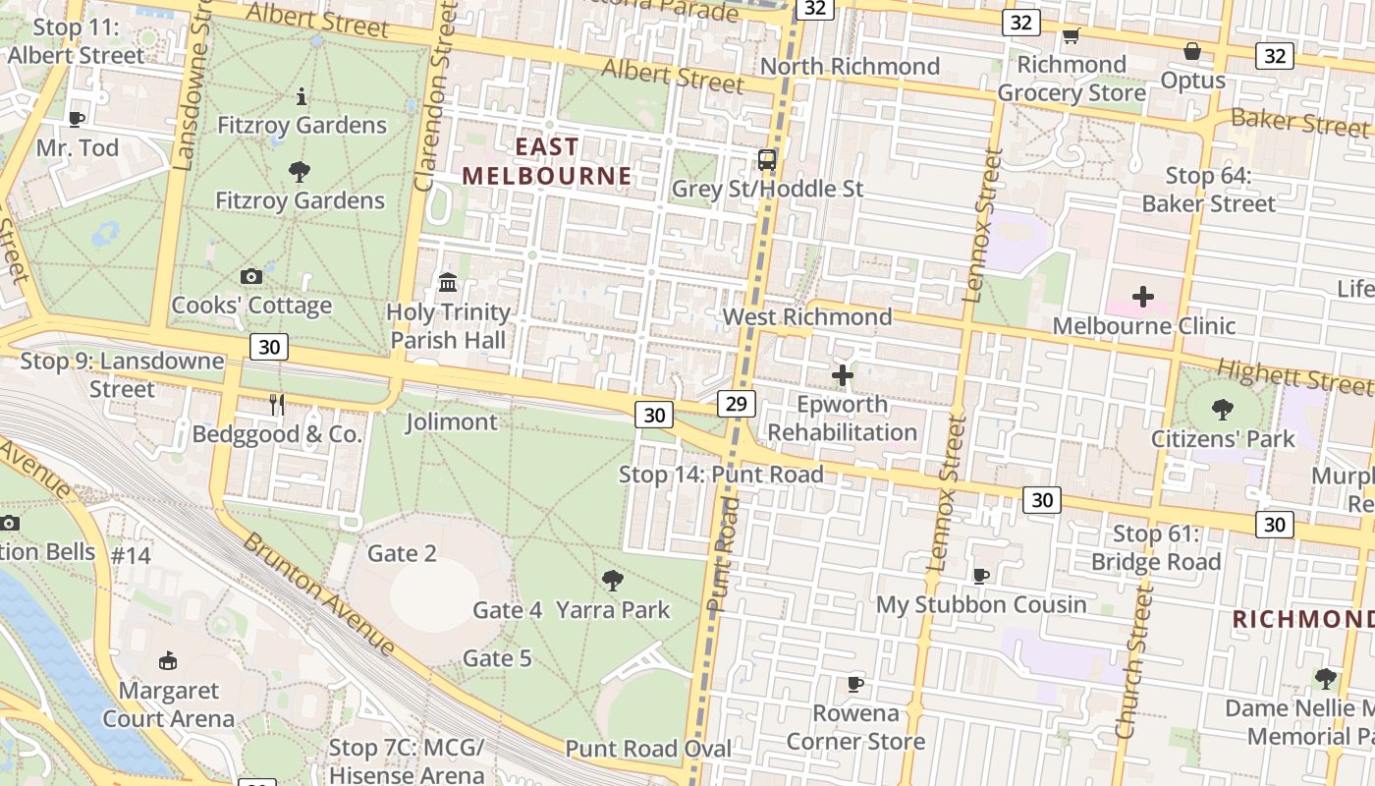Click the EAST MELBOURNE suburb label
point(547,161)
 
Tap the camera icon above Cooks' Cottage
point(251,277)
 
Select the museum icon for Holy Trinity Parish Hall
point(448,283)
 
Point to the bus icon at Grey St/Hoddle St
point(767,159)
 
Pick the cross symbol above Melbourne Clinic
point(1143,296)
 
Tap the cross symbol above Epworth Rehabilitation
point(842,374)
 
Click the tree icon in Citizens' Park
point(1223,409)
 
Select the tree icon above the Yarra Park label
point(613,580)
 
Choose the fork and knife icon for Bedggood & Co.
point(277,404)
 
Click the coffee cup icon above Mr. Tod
point(77,119)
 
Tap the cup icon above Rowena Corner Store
point(855,683)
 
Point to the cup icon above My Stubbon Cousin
point(980,575)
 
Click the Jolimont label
point(452,421)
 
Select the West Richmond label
point(807,316)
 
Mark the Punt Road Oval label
point(648,749)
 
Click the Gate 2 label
point(402,553)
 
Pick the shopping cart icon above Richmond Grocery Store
point(1071,36)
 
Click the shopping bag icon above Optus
point(1192,50)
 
